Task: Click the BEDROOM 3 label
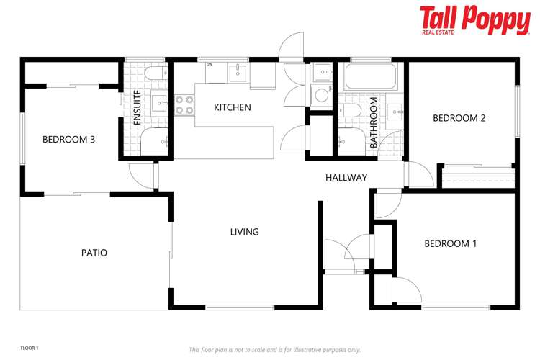[x=68, y=140]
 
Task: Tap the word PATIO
[x=94, y=253]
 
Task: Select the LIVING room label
[x=244, y=232]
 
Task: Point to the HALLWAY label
[x=346, y=178]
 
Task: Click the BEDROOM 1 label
[x=450, y=244]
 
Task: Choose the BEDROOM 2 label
[x=459, y=118]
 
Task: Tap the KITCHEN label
[x=232, y=107]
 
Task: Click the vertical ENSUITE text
[x=137, y=109]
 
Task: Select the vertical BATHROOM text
[x=374, y=122]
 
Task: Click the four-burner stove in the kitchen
[x=184, y=105]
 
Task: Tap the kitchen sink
[x=238, y=72]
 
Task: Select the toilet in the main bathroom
[x=351, y=110]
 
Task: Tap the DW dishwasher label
[x=210, y=65]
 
